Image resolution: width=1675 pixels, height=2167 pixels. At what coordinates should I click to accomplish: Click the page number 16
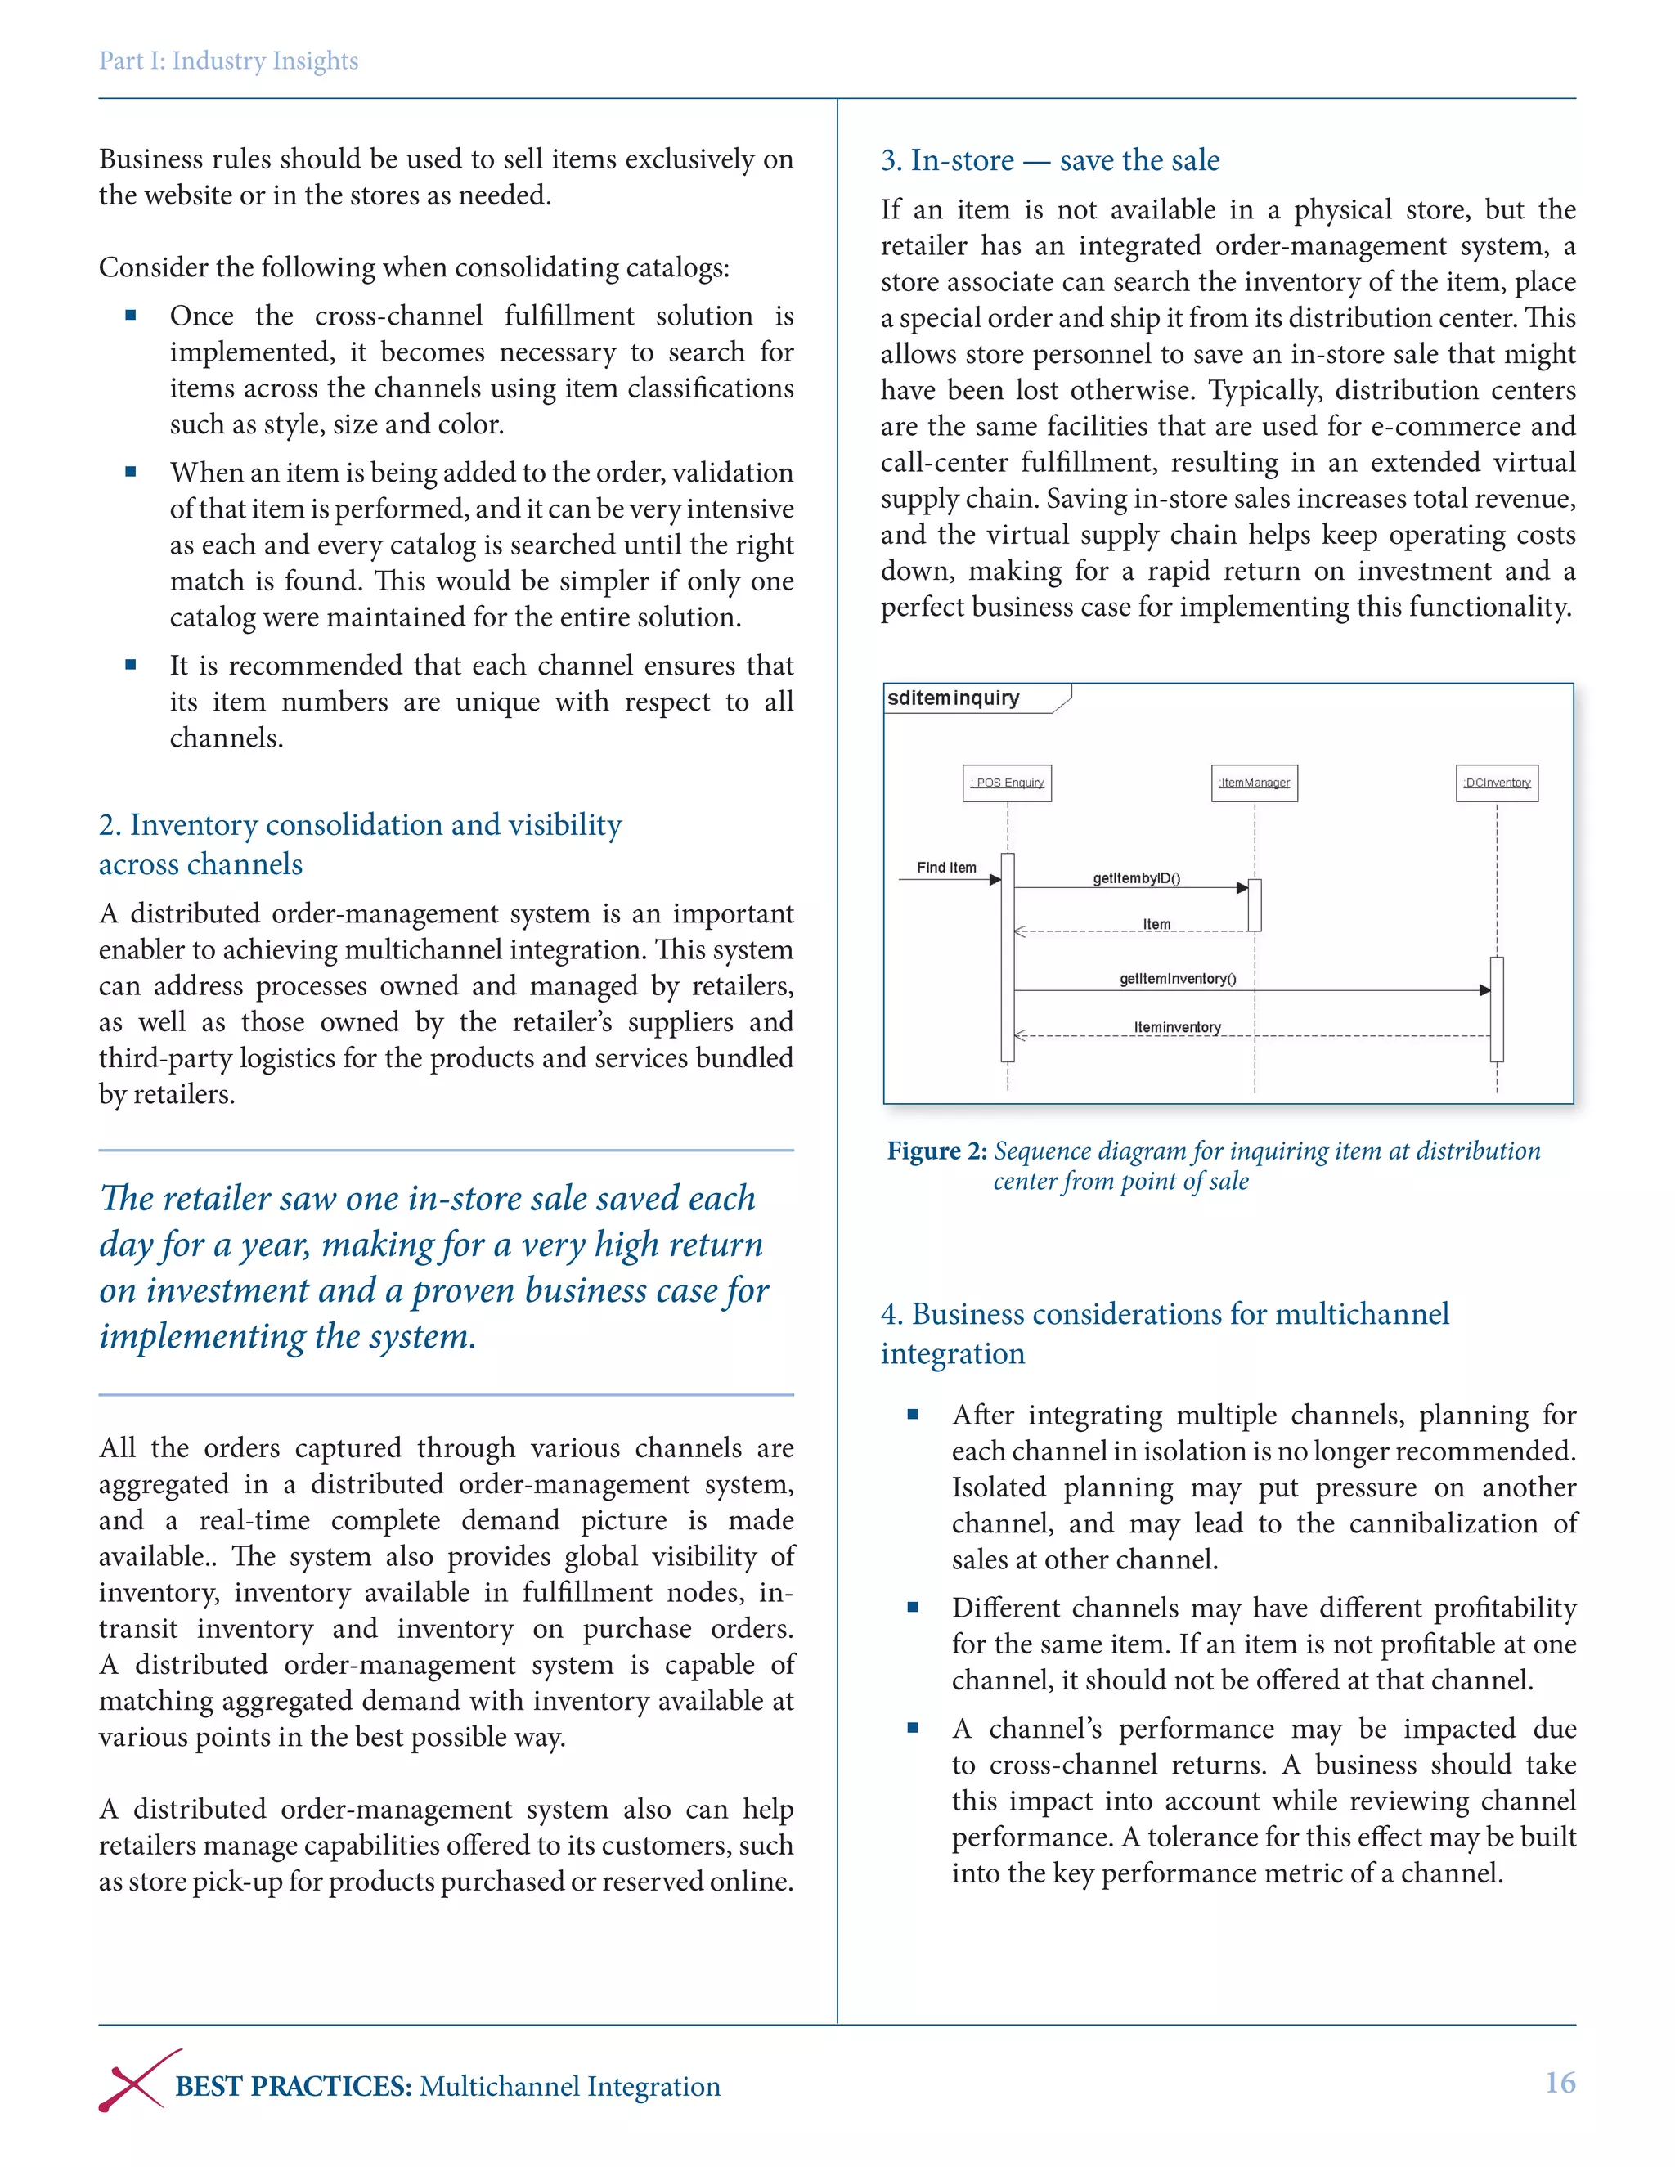tap(1559, 2082)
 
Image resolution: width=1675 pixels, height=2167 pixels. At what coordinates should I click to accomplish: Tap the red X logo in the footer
tap(139, 2080)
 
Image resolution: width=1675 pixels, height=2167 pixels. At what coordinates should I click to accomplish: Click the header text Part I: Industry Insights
tap(228, 61)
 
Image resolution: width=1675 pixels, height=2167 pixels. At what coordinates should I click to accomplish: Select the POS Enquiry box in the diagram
tap(1007, 783)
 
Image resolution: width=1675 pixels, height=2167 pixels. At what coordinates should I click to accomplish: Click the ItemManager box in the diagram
tap(1255, 783)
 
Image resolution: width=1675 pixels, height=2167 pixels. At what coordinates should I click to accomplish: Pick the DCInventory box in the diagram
tap(1497, 783)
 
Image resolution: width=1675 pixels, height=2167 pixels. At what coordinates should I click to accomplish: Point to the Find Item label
tap(945, 867)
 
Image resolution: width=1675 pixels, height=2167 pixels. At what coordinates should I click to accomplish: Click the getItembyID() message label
tap(1136, 878)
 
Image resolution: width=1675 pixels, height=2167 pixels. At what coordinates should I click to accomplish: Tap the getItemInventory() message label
tap(1178, 978)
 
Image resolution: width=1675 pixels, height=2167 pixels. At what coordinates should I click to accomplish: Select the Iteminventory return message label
tap(1177, 1027)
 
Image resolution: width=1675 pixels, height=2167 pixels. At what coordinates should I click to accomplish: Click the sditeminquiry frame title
tap(953, 698)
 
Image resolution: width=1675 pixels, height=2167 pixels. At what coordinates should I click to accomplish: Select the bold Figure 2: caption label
tap(936, 1151)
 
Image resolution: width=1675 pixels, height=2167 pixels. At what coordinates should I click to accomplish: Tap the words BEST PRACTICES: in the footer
tap(294, 2087)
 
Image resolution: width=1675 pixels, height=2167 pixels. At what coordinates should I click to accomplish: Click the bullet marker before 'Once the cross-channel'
tap(131, 316)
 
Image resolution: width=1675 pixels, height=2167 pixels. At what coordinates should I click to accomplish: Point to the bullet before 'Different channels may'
tap(913, 1608)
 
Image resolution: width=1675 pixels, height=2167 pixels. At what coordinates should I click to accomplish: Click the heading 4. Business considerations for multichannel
tap(1164, 1314)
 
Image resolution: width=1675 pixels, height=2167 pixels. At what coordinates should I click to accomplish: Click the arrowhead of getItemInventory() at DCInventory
tap(1484, 990)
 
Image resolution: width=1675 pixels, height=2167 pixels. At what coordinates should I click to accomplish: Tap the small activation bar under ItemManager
tap(1255, 905)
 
